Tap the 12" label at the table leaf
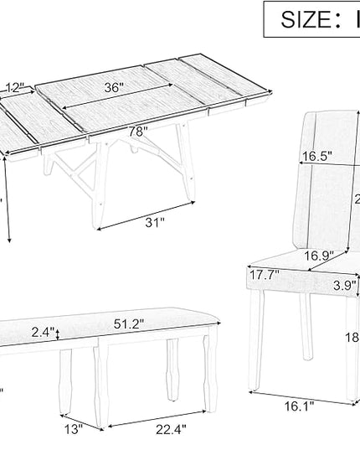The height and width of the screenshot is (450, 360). pyautogui.click(x=19, y=88)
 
